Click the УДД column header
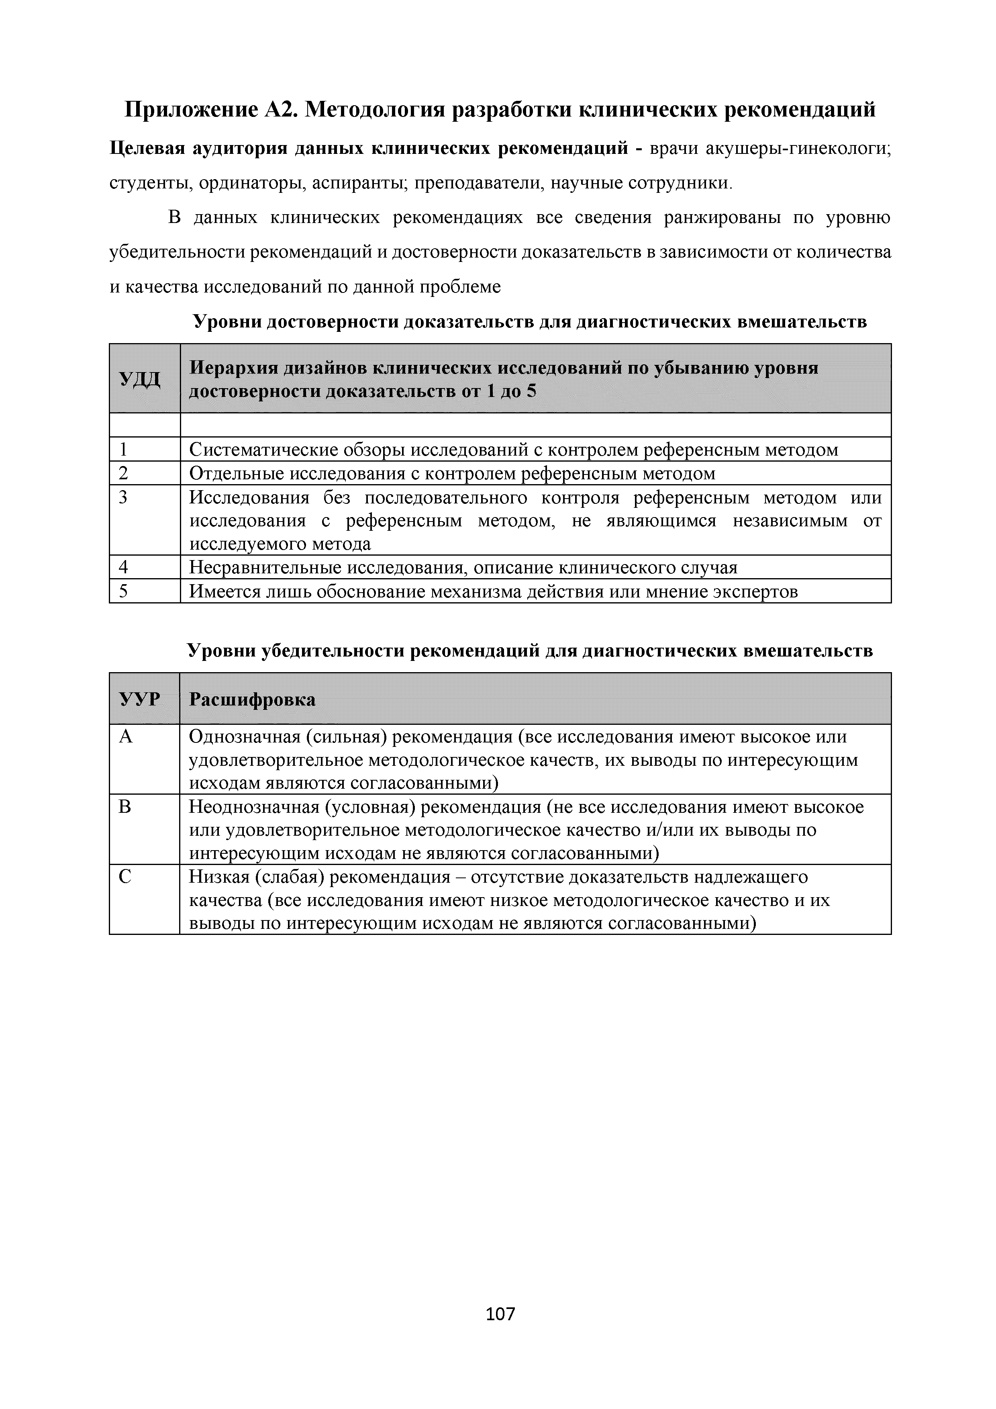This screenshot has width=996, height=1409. [140, 378]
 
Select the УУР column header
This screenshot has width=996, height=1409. [140, 699]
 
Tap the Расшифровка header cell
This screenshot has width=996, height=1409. [252, 699]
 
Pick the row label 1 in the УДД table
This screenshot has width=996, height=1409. [124, 450]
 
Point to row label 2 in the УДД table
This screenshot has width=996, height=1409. [124, 474]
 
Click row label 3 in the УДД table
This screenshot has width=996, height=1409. [124, 497]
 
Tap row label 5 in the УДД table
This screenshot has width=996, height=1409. [124, 591]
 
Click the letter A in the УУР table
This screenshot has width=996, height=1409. [126, 736]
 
